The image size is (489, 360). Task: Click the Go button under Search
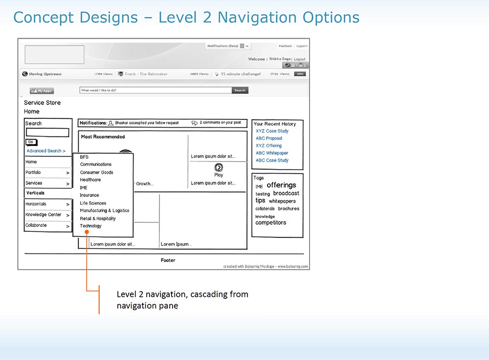click(x=30, y=142)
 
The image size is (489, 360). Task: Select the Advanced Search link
click(x=45, y=151)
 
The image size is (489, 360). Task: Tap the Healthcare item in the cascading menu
click(x=90, y=180)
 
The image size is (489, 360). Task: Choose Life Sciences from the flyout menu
click(x=93, y=203)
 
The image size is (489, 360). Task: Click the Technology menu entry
click(x=91, y=226)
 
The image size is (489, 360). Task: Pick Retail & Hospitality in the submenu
click(x=98, y=219)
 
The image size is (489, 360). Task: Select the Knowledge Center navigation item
click(x=44, y=215)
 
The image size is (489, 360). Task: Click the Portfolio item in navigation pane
click(x=33, y=173)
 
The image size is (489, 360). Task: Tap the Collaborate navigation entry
click(x=36, y=225)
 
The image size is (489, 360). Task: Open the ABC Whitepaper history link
click(x=272, y=153)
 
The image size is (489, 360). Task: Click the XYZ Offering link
click(x=268, y=146)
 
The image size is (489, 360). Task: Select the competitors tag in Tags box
click(x=270, y=223)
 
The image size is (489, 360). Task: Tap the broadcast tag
click(x=286, y=193)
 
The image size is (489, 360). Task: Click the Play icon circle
click(x=219, y=168)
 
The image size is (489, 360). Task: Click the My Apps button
click(x=42, y=90)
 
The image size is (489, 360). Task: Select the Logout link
click(x=299, y=59)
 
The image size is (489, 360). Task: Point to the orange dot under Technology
click(x=87, y=232)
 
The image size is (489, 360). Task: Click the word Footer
click(x=168, y=260)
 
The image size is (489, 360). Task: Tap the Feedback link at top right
click(x=285, y=46)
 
